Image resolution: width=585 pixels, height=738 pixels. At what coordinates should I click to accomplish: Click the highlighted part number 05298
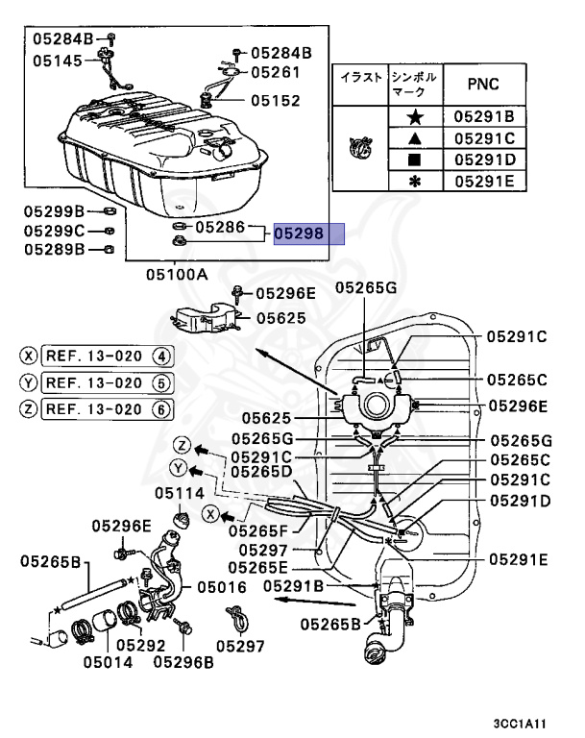(x=299, y=234)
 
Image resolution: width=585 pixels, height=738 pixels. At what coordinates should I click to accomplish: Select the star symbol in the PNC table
(x=415, y=116)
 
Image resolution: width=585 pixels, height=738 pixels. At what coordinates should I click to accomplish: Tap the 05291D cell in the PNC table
(x=485, y=160)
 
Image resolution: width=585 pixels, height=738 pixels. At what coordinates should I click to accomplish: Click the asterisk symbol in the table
(x=415, y=182)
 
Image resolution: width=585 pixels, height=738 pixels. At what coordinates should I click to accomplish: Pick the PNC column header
(x=484, y=85)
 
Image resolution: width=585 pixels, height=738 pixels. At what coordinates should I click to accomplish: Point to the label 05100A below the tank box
(x=177, y=274)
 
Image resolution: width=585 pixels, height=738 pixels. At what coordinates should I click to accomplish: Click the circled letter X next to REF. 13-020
(x=28, y=356)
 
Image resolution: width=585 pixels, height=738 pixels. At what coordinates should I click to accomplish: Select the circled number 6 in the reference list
(x=161, y=409)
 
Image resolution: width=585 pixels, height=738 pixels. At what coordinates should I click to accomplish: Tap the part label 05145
(x=58, y=61)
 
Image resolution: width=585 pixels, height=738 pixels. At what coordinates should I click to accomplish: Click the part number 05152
(x=276, y=100)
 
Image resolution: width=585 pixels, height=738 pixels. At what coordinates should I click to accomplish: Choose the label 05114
(x=180, y=493)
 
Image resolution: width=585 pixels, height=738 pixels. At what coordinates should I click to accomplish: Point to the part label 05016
(x=222, y=587)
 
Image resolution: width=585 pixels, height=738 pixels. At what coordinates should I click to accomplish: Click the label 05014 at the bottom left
(x=109, y=662)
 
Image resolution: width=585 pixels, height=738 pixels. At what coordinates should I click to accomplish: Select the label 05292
(x=140, y=646)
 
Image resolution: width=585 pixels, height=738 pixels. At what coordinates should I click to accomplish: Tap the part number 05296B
(x=183, y=662)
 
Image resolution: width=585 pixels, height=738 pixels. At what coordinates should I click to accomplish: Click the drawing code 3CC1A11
(x=520, y=724)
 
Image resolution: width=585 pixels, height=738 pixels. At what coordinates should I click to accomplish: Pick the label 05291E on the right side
(x=519, y=559)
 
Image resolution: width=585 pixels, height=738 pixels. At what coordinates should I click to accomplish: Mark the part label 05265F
(x=257, y=530)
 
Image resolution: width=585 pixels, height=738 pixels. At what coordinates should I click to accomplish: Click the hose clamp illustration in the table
(x=360, y=148)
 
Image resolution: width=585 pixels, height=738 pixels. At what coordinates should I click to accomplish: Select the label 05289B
(x=54, y=249)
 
